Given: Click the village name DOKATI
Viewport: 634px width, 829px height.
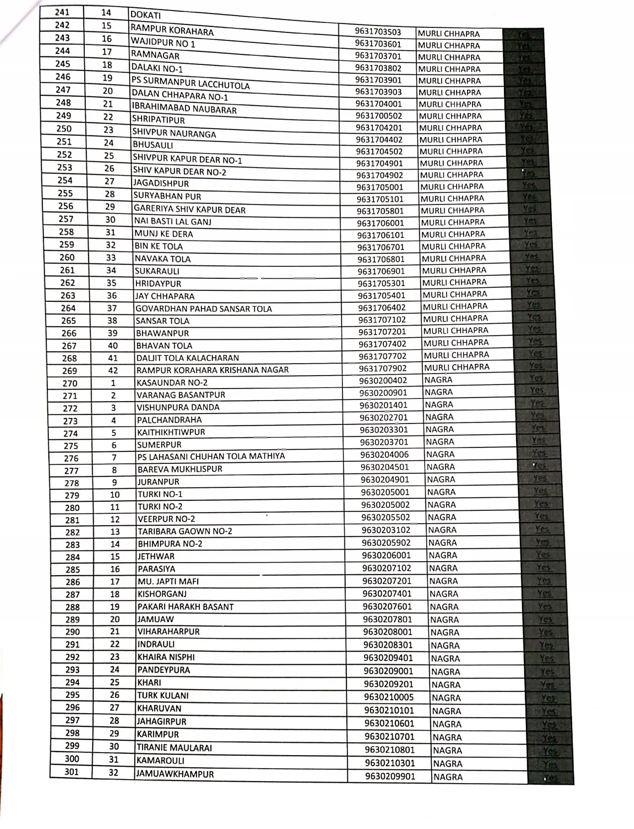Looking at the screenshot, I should (x=146, y=16).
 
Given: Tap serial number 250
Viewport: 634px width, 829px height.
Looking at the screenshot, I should (x=64, y=128).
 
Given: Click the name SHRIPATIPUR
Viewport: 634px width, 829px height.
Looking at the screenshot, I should (x=158, y=120).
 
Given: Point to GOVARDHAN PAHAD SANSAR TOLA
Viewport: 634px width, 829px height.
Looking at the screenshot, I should (x=204, y=309).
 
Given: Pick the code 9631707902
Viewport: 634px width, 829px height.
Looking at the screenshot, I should (x=383, y=369).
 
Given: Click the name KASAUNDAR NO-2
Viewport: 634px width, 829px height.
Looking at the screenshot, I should (x=172, y=383).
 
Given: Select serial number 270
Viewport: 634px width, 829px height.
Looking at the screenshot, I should (x=70, y=384).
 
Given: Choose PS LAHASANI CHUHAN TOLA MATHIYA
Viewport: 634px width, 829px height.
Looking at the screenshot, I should (x=211, y=456).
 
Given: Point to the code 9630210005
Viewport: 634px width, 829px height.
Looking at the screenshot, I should (x=388, y=697).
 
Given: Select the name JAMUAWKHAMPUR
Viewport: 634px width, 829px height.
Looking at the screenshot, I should (x=175, y=774).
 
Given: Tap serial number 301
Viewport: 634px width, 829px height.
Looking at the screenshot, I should (x=72, y=772).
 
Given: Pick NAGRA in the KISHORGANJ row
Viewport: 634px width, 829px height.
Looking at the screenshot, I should (x=444, y=594).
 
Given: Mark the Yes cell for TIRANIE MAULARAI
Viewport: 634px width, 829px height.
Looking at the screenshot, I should (x=550, y=751).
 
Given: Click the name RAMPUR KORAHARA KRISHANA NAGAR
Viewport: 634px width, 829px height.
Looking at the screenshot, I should (x=212, y=370).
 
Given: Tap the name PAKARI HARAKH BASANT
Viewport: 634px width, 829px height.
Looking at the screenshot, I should (x=185, y=607).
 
